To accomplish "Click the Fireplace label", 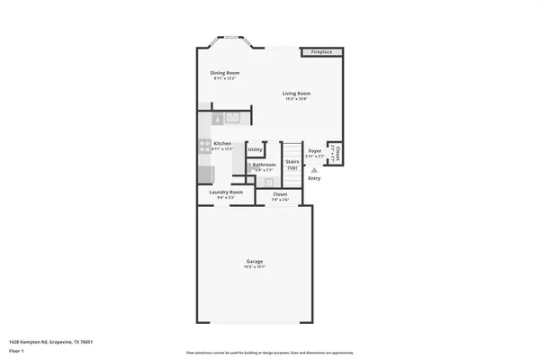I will pos(321,52).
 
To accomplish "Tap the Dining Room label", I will pos(225,73).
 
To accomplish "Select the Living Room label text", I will pos(296,94).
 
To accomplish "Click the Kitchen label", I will pos(222,143).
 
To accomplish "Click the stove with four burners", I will pos(204,144).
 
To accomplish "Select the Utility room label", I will pos(255,149).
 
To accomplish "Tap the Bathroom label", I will pos(264,165).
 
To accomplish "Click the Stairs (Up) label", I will pos(292,165).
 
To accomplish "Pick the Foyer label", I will pos(314,151).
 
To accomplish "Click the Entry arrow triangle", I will pos(314,168).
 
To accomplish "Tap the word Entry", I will pos(314,178).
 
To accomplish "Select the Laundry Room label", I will pos(226,192).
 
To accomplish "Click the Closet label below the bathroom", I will pos(280,193).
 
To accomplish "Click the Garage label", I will pos(255,262).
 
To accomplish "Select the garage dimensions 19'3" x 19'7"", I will pos(255,267).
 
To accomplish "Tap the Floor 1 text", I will pos(17,350).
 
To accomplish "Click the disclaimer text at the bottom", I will pos(269,352).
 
